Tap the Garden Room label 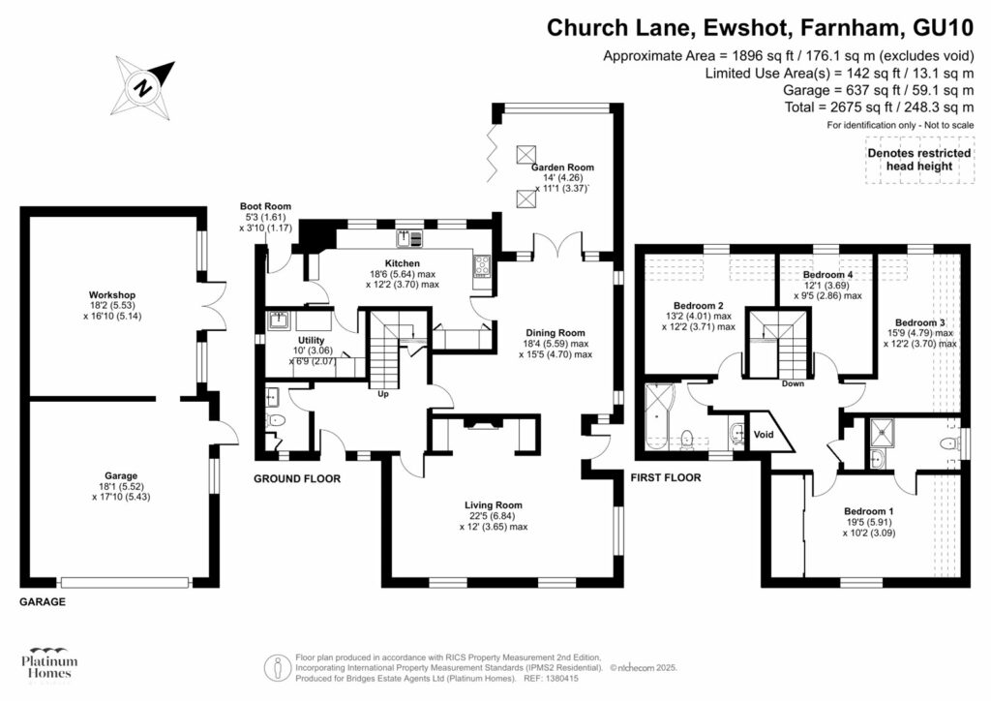[562, 166]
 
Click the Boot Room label [265, 206]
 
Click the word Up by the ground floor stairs [383, 393]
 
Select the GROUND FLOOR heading [296, 478]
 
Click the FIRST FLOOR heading [666, 477]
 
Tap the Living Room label [494, 504]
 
